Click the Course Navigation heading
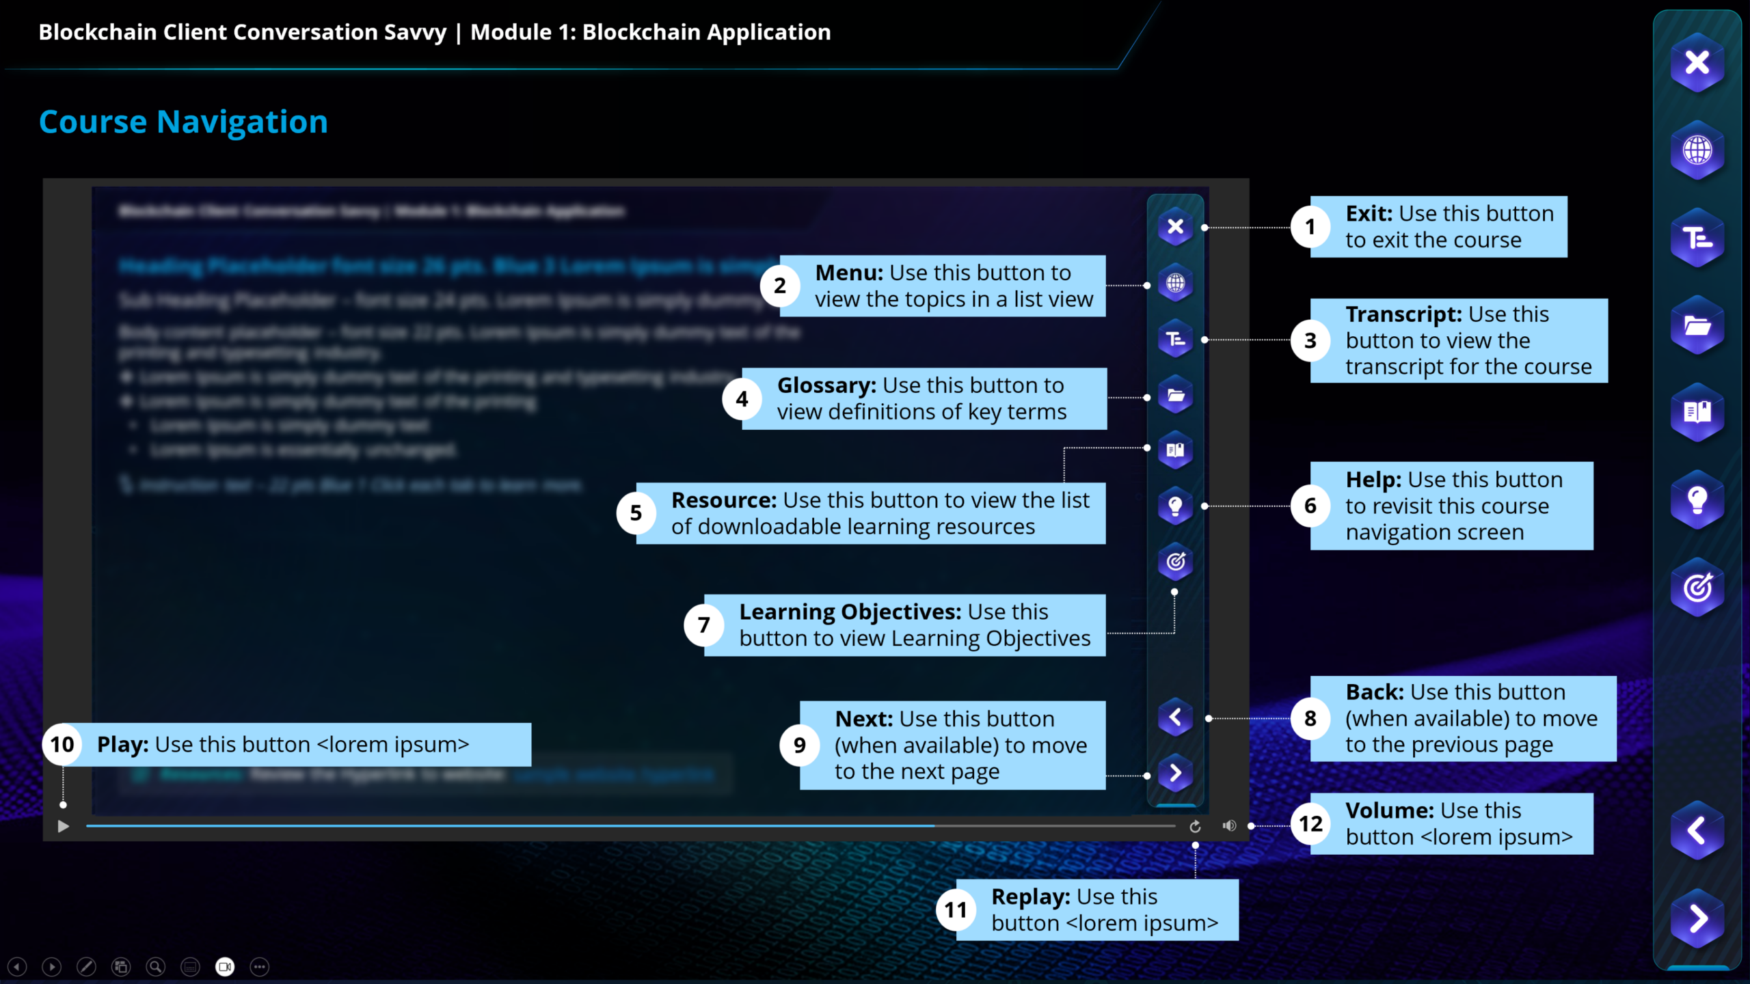(183, 122)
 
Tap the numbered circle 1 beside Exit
(1310, 227)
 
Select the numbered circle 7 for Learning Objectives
(703, 625)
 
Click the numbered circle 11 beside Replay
(956, 910)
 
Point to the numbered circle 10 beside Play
(62, 744)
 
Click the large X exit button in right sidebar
(1697, 63)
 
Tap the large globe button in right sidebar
(1697, 150)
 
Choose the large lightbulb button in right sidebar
(1697, 500)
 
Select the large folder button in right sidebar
(1697, 326)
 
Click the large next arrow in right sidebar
(1697, 918)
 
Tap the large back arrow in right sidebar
(1697, 831)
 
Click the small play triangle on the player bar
(63, 827)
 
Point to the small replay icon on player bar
(1195, 827)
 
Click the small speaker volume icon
(1229, 826)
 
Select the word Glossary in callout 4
(826, 385)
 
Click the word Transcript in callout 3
(1403, 314)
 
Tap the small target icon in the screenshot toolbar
(1175, 562)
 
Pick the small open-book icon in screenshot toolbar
(1175, 450)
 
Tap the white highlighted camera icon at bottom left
(225, 967)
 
